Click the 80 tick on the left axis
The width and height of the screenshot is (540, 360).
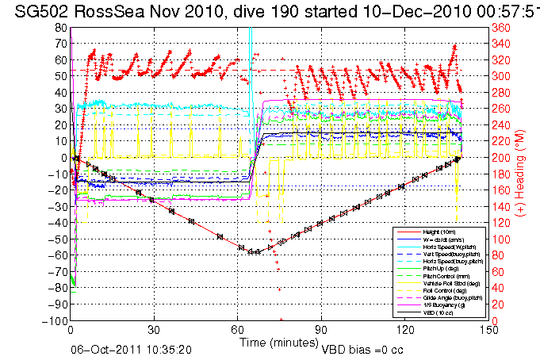[61, 27]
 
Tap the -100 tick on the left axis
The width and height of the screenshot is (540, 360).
[57, 321]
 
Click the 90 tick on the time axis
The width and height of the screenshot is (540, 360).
[321, 330]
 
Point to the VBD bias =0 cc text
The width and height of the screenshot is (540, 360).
[363, 348]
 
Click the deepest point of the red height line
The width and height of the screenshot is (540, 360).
[254, 252]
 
